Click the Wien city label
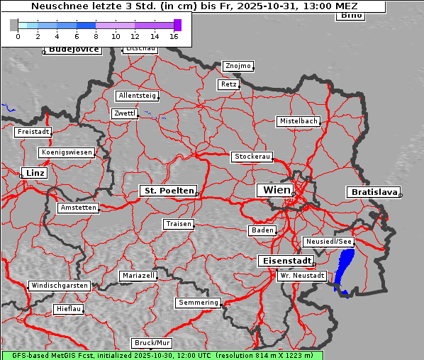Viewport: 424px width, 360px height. click(x=277, y=190)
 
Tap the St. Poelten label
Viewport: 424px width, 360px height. click(x=168, y=191)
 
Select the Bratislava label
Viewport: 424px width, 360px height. click(x=372, y=192)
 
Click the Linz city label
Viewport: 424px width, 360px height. click(x=33, y=173)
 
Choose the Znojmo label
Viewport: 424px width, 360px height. click(x=238, y=66)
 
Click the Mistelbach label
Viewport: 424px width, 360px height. click(x=298, y=121)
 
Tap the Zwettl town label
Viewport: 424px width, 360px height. click(x=125, y=113)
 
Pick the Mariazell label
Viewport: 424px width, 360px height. click(x=138, y=276)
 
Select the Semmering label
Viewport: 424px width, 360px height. click(x=199, y=303)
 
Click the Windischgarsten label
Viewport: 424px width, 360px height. click(x=60, y=286)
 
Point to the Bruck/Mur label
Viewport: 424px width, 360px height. click(x=152, y=343)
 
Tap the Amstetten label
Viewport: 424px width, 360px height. click(x=78, y=208)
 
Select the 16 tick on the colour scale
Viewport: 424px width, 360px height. click(x=174, y=35)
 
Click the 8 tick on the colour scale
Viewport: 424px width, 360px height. click(x=96, y=35)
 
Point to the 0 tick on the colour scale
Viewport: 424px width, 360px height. click(x=18, y=35)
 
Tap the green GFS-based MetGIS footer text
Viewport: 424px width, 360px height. click(x=162, y=355)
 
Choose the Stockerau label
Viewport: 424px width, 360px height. click(x=252, y=157)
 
